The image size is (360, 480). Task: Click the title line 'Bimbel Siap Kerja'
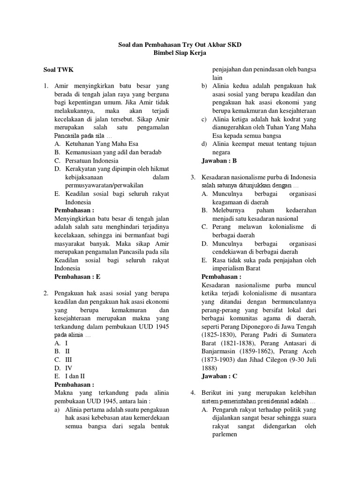180,53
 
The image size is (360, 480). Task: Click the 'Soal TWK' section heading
59,70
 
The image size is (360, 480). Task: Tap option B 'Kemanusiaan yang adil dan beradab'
108,152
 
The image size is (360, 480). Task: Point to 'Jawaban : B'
219,160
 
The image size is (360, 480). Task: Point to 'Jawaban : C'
219,375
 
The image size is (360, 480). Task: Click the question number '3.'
193,178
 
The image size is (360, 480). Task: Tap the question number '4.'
193,392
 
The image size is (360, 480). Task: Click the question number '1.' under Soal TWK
46,86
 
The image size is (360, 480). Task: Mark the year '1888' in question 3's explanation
209,367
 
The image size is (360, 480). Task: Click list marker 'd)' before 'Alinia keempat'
204,144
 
